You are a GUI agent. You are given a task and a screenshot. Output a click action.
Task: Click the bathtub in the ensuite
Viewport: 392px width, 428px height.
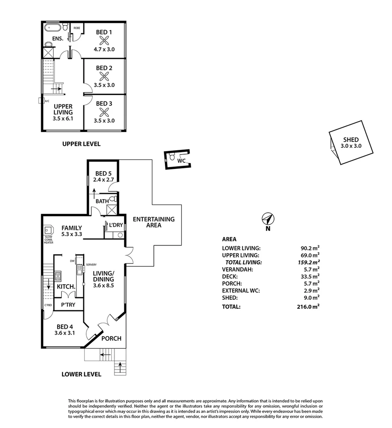[x=52, y=28]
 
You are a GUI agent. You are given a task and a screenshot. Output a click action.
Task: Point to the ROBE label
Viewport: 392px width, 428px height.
[x=77, y=28]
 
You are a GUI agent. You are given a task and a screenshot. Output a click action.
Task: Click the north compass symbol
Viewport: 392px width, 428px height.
[x=268, y=219]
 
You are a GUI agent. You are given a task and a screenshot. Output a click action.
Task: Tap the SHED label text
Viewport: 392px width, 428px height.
[x=351, y=139]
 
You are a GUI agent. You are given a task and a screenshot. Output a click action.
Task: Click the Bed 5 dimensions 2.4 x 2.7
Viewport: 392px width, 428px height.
[x=103, y=180]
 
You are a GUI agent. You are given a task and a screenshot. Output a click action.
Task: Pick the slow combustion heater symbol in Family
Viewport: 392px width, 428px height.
[x=48, y=230]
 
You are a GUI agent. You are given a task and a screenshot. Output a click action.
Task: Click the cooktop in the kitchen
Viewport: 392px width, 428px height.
[x=58, y=275]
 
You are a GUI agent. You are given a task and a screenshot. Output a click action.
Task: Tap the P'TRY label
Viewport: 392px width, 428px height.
[x=67, y=305]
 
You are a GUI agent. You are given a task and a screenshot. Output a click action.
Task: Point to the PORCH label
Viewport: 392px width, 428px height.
[x=111, y=338]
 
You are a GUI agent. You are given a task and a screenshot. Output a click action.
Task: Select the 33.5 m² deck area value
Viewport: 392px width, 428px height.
[x=311, y=277]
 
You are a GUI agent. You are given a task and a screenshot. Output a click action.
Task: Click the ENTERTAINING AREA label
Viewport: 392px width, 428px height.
[x=153, y=222]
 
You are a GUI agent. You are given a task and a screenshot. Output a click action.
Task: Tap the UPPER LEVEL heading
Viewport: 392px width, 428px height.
[x=81, y=144]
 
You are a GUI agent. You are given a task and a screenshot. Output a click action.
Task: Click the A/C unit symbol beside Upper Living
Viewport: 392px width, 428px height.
[x=40, y=101]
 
